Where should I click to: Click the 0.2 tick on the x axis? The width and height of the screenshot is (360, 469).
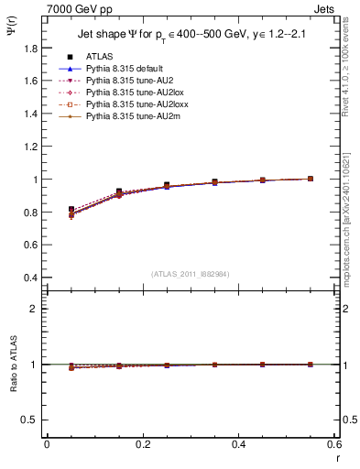(x=143, y=443)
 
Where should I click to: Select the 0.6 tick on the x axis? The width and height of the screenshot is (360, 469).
(x=334, y=443)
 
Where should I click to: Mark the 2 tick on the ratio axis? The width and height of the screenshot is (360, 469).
(x=37, y=309)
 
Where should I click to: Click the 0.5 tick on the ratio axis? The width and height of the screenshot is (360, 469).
(x=32, y=420)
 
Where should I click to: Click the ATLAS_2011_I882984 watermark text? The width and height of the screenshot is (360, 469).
(x=191, y=274)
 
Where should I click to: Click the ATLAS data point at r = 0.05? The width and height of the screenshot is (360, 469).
(x=71, y=210)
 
